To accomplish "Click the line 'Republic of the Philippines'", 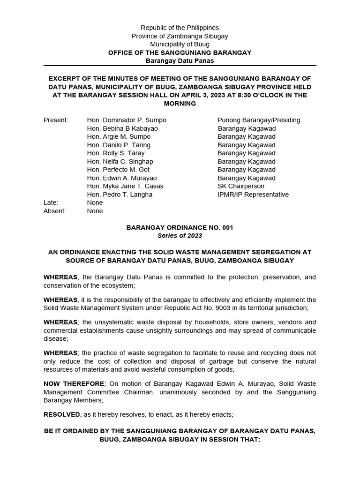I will [x=180, y=28].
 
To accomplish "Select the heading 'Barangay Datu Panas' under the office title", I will [x=180, y=61].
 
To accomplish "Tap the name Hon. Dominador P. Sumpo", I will [x=127, y=120].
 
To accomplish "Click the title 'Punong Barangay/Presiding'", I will [x=259, y=120].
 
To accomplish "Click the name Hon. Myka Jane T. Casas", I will [x=125, y=186].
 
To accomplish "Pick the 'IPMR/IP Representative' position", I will [x=253, y=195].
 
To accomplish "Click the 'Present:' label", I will [x=56, y=120].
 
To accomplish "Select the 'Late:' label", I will [x=51, y=202].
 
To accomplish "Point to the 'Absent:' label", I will [x=55, y=211].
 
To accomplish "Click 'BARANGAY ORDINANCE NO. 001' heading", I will [x=180, y=227].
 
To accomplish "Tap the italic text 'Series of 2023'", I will [x=180, y=236].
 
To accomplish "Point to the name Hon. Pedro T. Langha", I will [x=120, y=195].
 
